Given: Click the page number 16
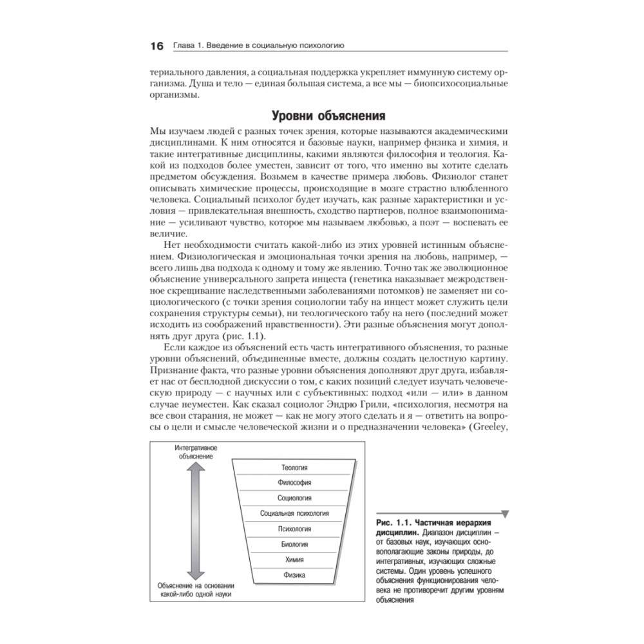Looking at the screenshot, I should (156, 46).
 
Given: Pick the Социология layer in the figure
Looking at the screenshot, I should (294, 498).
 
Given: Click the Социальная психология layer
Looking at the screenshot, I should (294, 513).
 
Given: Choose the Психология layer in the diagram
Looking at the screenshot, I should (294, 529).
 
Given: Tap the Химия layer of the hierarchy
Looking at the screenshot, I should (294, 559).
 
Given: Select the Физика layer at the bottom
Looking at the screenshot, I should (294, 574).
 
